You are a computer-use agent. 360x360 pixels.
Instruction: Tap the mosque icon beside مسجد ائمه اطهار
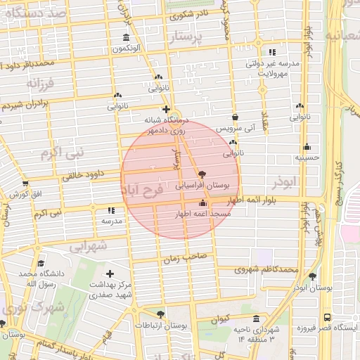203,202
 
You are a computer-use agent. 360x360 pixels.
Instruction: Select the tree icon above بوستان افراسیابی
202,173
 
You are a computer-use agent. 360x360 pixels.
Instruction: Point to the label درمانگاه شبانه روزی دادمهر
167,125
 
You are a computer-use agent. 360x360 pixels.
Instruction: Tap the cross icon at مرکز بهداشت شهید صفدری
109,274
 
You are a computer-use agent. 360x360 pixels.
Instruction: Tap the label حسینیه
307,158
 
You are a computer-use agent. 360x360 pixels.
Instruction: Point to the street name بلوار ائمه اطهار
262,200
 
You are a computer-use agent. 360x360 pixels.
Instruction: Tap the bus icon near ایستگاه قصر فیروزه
327,317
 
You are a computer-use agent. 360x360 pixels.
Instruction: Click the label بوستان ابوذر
308,288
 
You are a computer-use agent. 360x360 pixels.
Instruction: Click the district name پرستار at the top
191,35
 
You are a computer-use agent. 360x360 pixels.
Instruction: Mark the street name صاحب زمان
187,257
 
